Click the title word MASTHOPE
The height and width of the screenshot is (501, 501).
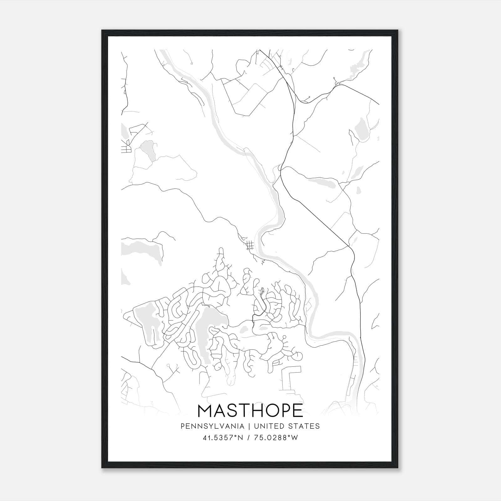tap(250, 411)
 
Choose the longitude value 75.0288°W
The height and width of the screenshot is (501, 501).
tap(276, 438)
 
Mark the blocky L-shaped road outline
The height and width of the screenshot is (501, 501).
tap(290, 377)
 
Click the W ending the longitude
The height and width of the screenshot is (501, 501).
tap(294, 438)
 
